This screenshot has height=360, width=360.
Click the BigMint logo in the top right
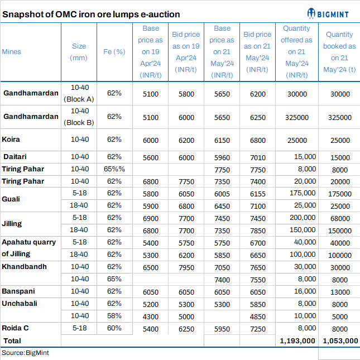point(333,13)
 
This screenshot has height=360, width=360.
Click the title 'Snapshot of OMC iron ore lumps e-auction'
point(91,14)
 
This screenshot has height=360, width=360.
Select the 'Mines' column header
point(12,52)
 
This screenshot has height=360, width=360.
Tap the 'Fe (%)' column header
point(114,52)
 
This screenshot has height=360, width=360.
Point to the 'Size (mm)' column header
point(79,52)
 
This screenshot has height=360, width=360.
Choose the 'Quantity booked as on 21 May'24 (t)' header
point(339,52)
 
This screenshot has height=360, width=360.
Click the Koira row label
point(11,140)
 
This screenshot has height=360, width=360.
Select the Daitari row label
point(16,157)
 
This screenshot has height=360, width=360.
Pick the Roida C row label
point(16,328)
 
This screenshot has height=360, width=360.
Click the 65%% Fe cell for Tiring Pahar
point(114,169)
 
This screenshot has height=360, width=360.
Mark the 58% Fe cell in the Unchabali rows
point(114,316)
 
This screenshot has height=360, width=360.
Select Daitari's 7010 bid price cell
point(257,157)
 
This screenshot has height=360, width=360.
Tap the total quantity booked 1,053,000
point(339,340)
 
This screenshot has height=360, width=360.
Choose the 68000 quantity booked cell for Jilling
point(340,218)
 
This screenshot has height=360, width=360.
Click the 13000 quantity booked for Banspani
point(340,291)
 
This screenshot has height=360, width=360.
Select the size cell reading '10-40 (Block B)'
point(79,117)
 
